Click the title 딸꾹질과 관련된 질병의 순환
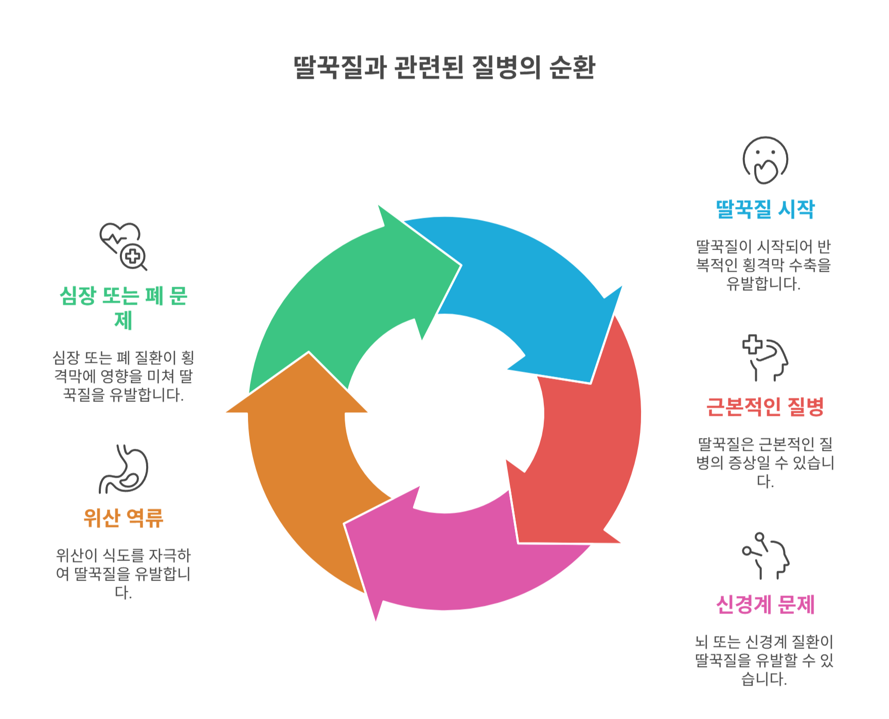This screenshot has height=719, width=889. (x=444, y=67)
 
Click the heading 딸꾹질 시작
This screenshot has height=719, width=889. (x=765, y=209)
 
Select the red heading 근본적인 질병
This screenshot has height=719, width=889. (x=765, y=407)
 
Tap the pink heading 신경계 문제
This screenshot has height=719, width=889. (x=765, y=605)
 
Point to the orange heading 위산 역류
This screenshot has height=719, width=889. (x=123, y=518)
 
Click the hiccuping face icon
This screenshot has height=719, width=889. (x=765, y=160)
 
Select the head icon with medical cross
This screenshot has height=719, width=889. (x=765, y=358)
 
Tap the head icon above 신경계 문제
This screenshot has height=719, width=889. (x=765, y=556)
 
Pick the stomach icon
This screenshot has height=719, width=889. (x=123, y=469)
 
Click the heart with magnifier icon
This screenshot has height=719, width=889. (x=123, y=246)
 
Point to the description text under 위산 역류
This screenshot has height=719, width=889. (x=123, y=573)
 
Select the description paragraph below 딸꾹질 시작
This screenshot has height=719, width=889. (x=764, y=265)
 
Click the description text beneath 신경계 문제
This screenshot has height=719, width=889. (x=764, y=660)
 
